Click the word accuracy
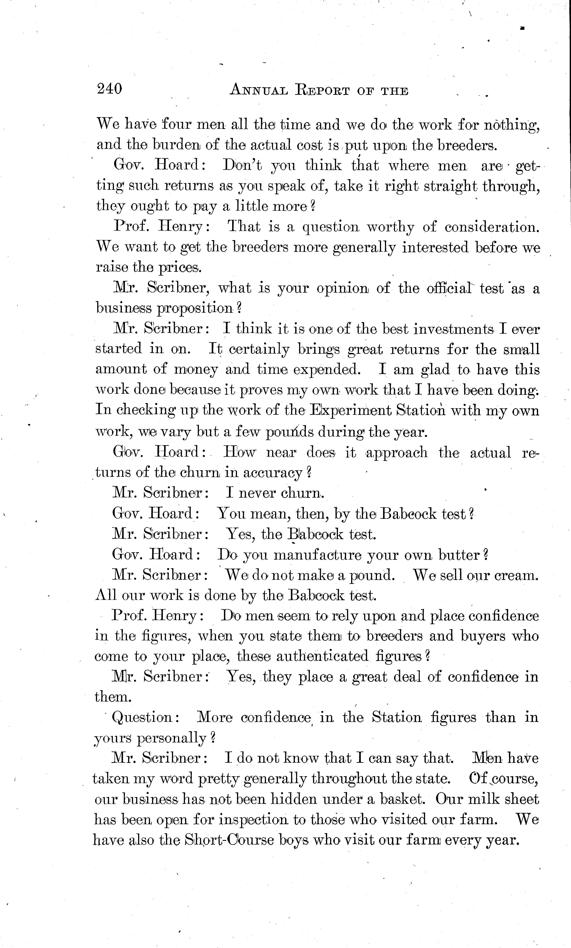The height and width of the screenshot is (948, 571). [x=272, y=473]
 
